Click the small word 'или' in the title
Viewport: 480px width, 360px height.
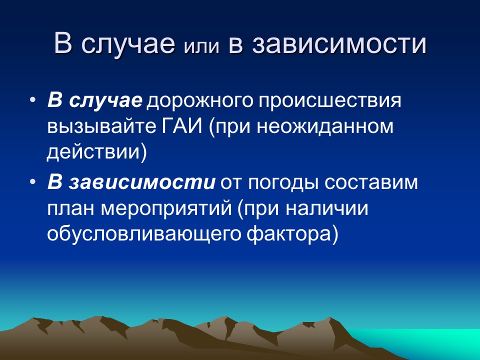click(202, 46)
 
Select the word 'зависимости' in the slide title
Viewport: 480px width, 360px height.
click(340, 44)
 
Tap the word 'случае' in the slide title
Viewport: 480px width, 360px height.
click(128, 44)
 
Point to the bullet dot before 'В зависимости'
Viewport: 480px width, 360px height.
click(33, 183)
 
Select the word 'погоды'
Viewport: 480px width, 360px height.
click(285, 184)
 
